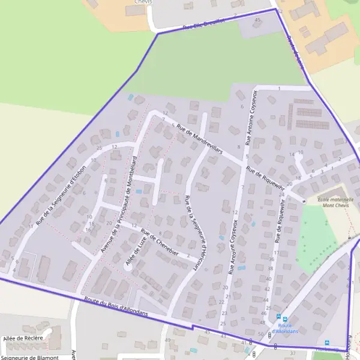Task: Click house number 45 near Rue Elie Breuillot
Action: point(258,20)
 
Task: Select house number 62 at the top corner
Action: point(280,11)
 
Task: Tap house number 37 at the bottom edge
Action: point(292,353)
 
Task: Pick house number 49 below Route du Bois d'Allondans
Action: point(167,340)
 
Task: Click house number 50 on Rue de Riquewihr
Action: point(260,334)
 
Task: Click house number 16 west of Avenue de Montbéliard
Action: point(88,229)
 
